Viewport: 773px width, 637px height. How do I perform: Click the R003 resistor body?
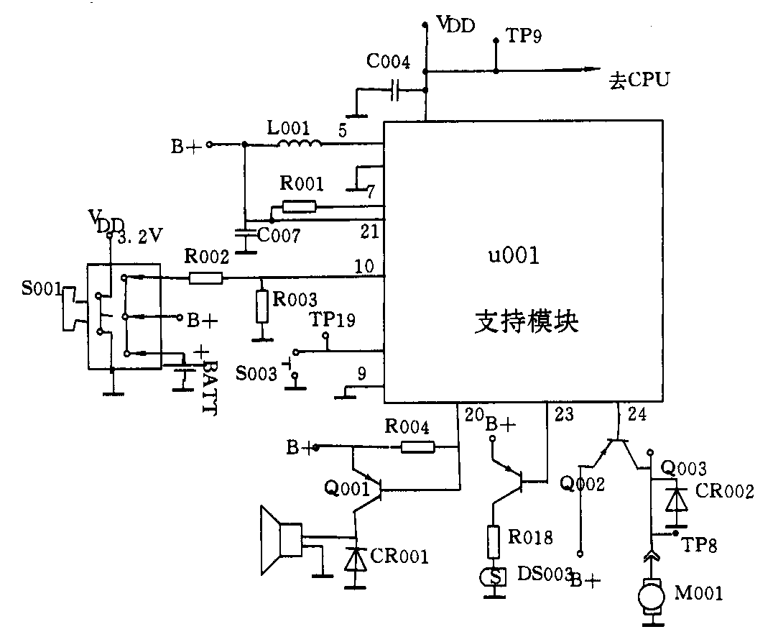coord(261,308)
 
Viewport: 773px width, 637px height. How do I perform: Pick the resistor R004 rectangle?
coord(417,447)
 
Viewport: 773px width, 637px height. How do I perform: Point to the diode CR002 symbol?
coord(673,499)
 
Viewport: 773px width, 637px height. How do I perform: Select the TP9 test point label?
coord(524,36)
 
